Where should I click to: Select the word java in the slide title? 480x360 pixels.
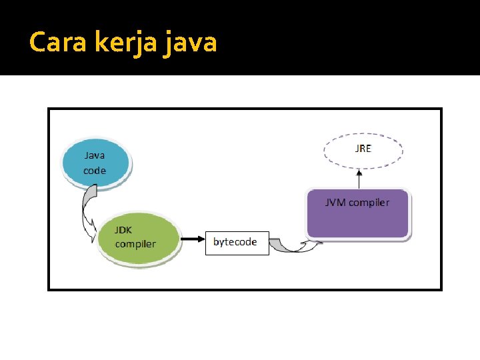pyautogui.click(x=191, y=43)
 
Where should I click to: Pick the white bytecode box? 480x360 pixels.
pyautogui.click(x=237, y=242)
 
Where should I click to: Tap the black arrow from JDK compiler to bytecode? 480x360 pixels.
pyautogui.click(x=193, y=238)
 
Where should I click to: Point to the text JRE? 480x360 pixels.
pyautogui.click(x=363, y=149)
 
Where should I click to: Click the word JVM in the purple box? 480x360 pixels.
pyautogui.click(x=335, y=202)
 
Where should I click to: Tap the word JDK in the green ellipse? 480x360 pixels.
pyautogui.click(x=123, y=230)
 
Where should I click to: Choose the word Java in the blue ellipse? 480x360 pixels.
pyautogui.click(x=94, y=155)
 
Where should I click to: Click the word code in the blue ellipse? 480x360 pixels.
pyautogui.click(x=95, y=170)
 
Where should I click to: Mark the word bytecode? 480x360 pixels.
pyautogui.click(x=235, y=242)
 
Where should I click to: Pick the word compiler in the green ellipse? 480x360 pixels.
pyautogui.click(x=135, y=243)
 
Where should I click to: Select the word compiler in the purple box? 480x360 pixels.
pyautogui.click(x=369, y=202)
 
